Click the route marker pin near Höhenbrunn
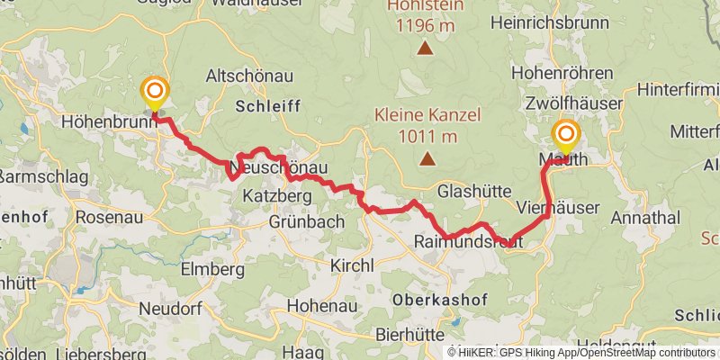click(x=156, y=92)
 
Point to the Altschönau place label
click(x=245, y=76)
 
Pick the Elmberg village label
click(x=212, y=268)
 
